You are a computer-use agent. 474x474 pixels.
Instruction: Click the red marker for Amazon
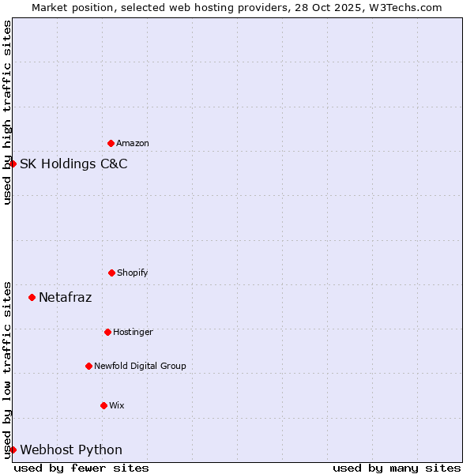(111, 143)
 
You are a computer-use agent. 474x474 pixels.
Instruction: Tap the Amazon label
(133, 144)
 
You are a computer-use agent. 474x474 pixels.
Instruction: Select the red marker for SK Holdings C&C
(13, 164)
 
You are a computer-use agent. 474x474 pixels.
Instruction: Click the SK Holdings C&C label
(73, 164)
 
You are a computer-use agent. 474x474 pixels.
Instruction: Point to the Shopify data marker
(111, 273)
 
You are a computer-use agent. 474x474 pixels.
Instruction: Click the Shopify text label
(133, 273)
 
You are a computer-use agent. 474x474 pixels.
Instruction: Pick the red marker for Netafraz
(32, 297)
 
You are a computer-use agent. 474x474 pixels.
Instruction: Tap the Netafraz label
(66, 298)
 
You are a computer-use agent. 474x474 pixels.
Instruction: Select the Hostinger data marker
(107, 332)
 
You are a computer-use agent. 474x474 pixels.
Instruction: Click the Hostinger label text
(133, 333)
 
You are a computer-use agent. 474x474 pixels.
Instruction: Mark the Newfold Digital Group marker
(88, 366)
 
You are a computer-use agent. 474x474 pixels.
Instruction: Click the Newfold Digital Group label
(140, 367)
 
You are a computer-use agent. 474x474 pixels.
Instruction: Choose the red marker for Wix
(103, 405)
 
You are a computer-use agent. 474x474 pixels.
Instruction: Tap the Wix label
(117, 406)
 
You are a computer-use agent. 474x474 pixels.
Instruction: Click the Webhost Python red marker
(13, 450)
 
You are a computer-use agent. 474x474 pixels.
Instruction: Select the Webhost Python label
(71, 450)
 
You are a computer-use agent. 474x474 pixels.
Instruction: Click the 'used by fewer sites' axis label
(81, 468)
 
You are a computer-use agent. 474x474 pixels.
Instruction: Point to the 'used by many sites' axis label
(397, 468)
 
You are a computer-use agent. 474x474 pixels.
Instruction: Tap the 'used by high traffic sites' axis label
(8, 112)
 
